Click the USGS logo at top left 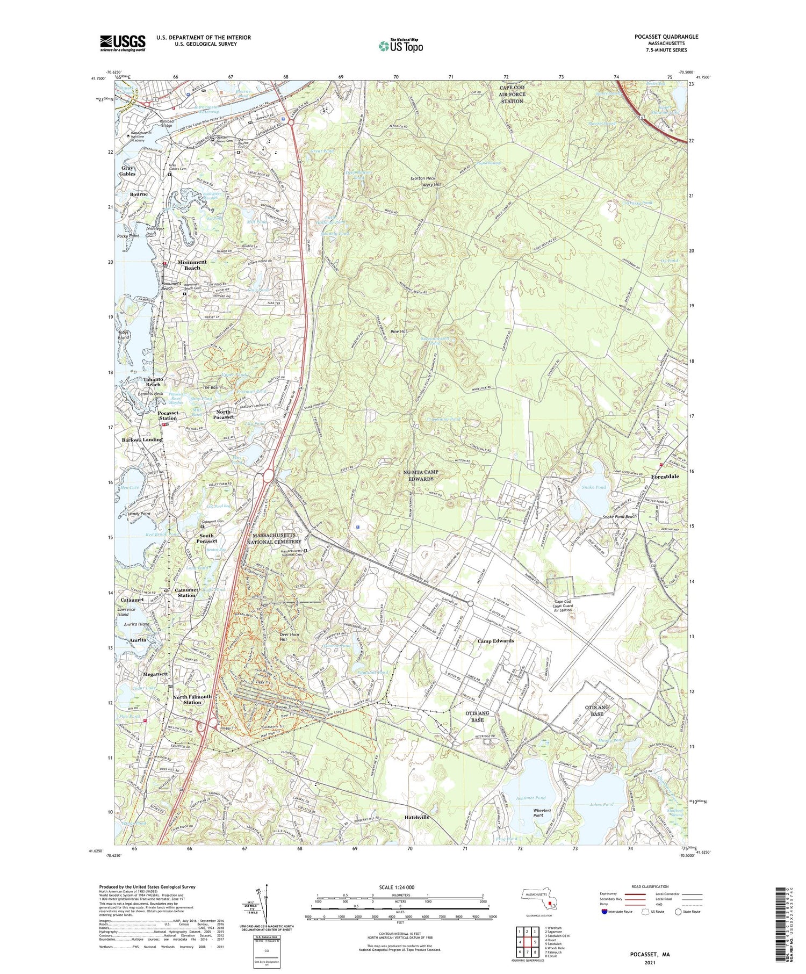(x=123, y=43)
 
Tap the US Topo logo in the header (x=400, y=46)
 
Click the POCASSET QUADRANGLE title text (x=666, y=37)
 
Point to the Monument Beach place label (x=192, y=265)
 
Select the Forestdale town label (x=665, y=477)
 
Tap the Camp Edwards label (x=495, y=641)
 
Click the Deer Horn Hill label (x=290, y=637)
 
